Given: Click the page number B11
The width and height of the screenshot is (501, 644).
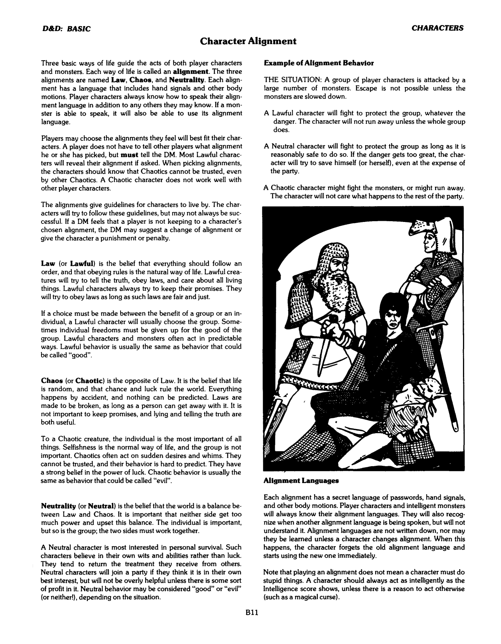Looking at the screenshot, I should pyautogui.click(x=251, y=624).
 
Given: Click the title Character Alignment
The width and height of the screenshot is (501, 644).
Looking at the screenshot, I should pyautogui.click(x=249, y=41).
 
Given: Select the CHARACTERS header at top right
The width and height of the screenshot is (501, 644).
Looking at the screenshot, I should pyautogui.click(x=437, y=28).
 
